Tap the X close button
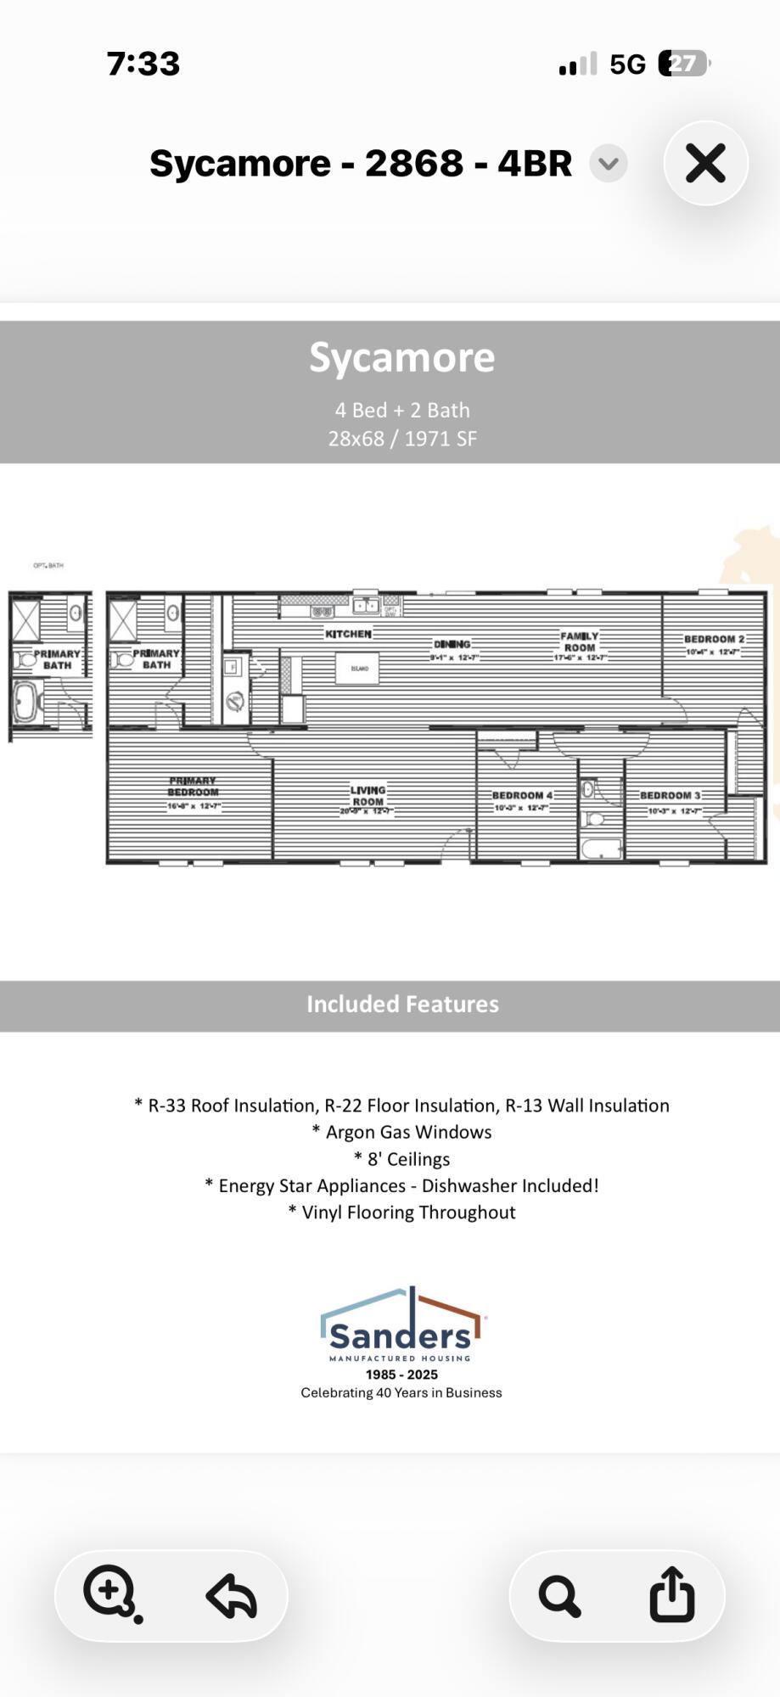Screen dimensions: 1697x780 [x=705, y=163]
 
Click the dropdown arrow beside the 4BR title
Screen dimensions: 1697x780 [x=609, y=163]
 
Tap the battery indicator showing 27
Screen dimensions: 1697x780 [x=684, y=64]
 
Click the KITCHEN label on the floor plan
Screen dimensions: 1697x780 [x=348, y=634]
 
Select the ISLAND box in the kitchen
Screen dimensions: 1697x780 [x=357, y=669]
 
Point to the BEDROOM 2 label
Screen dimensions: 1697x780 [x=714, y=639]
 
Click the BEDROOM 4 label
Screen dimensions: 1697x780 [x=522, y=795]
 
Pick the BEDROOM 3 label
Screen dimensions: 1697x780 [x=670, y=795]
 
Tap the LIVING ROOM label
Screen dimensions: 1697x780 [x=368, y=795]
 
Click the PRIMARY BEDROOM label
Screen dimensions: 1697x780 [x=193, y=787]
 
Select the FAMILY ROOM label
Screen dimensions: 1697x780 [x=580, y=641]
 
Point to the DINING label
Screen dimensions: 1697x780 [x=452, y=645]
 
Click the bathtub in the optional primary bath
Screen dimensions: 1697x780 [x=25, y=703]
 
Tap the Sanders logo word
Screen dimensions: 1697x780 [x=400, y=1336]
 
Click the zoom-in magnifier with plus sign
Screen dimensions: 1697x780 [x=110, y=1592]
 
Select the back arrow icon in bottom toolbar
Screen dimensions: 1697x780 [x=231, y=1595]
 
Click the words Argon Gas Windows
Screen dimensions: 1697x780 [x=408, y=1132]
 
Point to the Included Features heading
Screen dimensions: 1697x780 [x=402, y=1004]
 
